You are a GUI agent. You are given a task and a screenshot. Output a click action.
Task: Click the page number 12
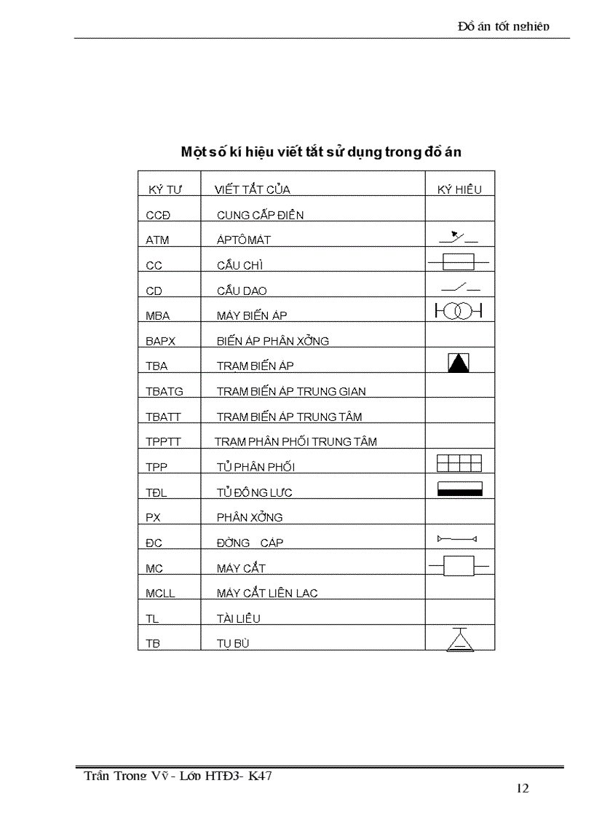[522, 788]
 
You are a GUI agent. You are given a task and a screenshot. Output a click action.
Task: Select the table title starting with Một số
[321, 152]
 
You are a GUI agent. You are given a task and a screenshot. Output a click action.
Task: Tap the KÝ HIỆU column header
[459, 190]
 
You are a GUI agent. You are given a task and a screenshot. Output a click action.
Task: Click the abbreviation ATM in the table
[157, 240]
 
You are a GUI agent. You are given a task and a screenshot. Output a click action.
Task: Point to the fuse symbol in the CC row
[459, 261]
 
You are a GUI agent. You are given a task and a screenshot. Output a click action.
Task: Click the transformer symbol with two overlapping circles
[459, 311]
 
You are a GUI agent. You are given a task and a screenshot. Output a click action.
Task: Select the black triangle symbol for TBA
[459, 362]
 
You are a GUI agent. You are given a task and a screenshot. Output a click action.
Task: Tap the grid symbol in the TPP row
[459, 463]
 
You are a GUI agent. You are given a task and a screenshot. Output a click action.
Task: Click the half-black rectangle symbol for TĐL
[459, 488]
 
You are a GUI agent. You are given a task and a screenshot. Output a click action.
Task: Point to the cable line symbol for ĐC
[456, 539]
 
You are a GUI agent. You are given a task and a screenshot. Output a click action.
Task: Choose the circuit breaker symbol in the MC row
[459, 565]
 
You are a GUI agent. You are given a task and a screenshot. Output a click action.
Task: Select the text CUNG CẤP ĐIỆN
[260, 216]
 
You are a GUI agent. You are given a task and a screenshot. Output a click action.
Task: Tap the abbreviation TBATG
[165, 391]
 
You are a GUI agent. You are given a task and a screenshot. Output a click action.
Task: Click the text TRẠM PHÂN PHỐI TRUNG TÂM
[296, 441]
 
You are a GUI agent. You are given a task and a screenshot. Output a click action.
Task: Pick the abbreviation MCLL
[160, 593]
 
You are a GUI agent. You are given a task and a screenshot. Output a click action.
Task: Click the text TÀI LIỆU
[238, 618]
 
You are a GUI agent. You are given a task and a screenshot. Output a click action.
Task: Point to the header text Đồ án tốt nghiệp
[504, 27]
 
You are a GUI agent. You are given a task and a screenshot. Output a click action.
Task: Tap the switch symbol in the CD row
[459, 286]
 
